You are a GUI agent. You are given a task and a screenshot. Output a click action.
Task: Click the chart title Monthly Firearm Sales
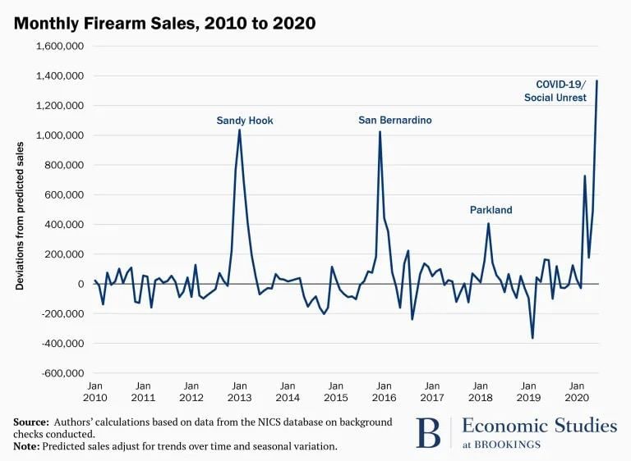pyautogui.click(x=164, y=23)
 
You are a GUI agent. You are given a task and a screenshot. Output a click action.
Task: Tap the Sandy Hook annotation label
pyautogui.click(x=245, y=121)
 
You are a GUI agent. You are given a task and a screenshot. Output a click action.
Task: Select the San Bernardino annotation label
pyautogui.click(x=394, y=120)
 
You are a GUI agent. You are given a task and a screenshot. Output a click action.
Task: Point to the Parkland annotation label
pyautogui.click(x=491, y=210)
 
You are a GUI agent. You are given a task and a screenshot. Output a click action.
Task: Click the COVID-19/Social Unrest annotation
pyautogui.click(x=561, y=91)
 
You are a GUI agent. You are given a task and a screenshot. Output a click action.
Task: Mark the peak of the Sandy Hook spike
pyautogui.click(x=239, y=130)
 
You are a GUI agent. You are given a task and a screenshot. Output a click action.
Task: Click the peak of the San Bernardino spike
pyautogui.click(x=380, y=131)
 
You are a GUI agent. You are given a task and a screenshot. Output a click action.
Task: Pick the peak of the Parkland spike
pyautogui.click(x=488, y=224)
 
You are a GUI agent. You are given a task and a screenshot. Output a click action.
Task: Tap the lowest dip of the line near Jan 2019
pyautogui.click(x=532, y=338)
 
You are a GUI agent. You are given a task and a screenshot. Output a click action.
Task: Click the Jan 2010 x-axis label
pyautogui.click(x=94, y=390)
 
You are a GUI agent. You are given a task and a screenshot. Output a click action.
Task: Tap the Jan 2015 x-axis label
pyautogui.click(x=335, y=390)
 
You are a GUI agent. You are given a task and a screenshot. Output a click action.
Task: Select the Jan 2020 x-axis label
pyautogui.click(x=577, y=390)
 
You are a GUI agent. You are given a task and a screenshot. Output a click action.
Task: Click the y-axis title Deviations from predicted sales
pyautogui.click(x=20, y=215)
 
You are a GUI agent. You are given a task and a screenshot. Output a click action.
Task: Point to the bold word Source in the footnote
pyautogui.click(x=31, y=422)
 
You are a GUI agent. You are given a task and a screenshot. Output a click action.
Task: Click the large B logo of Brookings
pyautogui.click(x=428, y=432)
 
